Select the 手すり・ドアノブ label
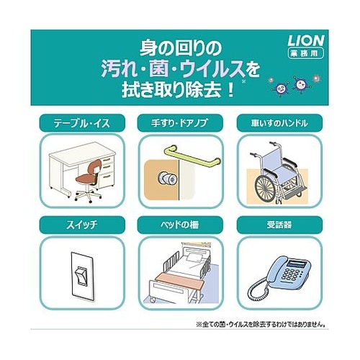[x=180, y=124]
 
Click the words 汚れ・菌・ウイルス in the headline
[x=170, y=71]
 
